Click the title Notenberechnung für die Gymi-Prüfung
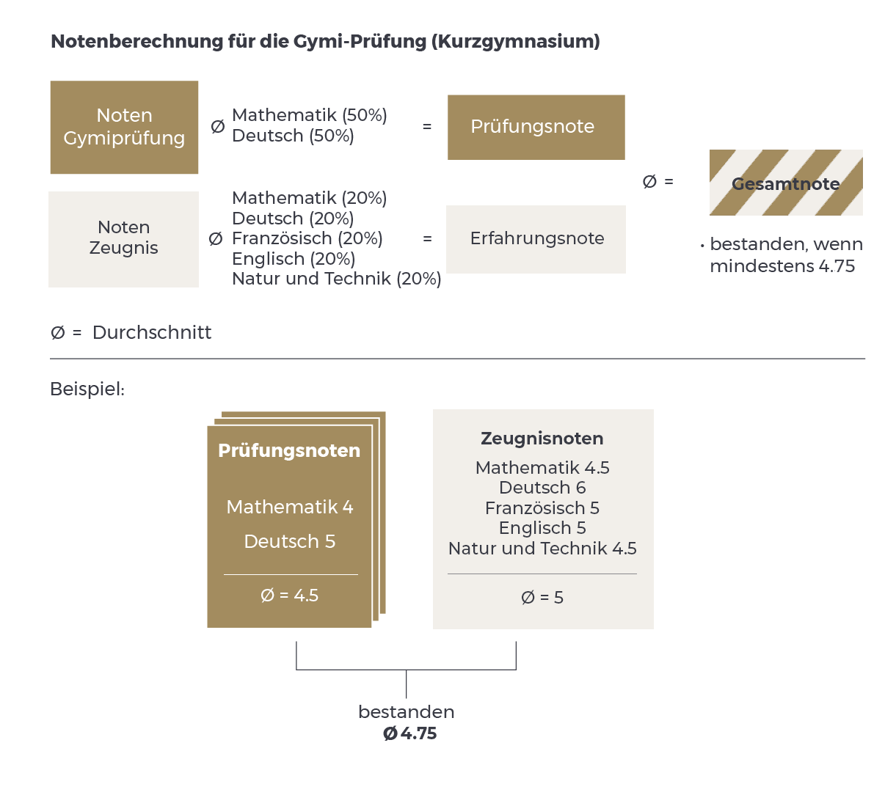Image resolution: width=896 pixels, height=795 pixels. click(324, 42)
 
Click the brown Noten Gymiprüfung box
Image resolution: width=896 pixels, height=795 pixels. click(124, 127)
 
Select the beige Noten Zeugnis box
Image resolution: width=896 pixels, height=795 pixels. click(123, 238)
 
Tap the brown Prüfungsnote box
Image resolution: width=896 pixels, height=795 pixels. click(536, 127)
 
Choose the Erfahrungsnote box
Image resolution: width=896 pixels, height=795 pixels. click(536, 238)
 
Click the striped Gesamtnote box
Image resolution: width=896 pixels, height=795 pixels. click(785, 183)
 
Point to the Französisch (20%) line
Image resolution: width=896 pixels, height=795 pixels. click(307, 238)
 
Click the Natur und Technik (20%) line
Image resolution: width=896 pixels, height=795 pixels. click(336, 279)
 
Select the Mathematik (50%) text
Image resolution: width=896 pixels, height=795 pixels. click(309, 115)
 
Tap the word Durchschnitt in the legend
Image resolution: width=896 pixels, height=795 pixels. click(152, 333)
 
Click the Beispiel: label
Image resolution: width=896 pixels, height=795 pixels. click(87, 389)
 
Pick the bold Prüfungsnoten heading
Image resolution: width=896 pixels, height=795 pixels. click(289, 450)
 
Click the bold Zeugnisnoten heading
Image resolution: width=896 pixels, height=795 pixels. click(542, 439)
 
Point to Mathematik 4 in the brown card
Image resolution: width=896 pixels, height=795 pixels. click(289, 507)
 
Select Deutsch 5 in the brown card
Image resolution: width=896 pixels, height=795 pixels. click(289, 541)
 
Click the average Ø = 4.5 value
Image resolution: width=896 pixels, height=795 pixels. click(289, 596)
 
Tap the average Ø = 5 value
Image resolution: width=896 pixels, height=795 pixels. click(542, 598)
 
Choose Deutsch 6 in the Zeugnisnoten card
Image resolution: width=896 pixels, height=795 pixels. click(542, 488)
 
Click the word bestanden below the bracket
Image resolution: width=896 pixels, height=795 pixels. click(406, 712)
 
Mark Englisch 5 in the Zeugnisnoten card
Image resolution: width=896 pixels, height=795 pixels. click(542, 528)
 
